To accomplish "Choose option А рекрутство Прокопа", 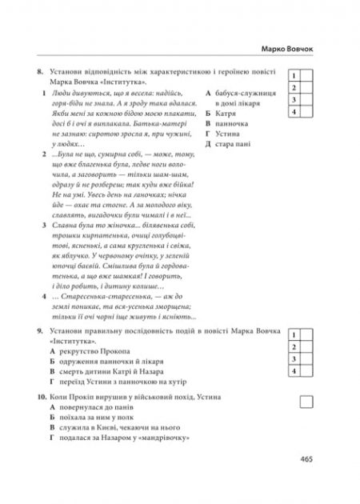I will click(x=94, y=353).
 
